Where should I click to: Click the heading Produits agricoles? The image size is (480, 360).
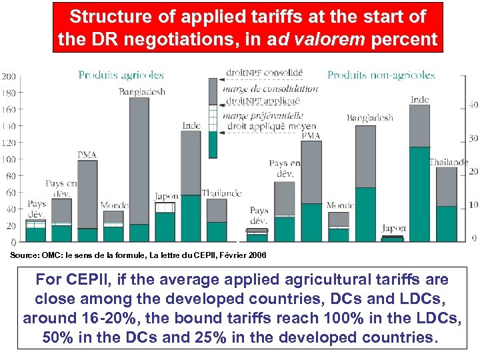click(121, 75)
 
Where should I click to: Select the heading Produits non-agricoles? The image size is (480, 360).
click(381, 75)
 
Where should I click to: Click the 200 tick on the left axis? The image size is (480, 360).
click(9, 76)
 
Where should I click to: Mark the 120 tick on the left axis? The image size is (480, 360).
click(9, 143)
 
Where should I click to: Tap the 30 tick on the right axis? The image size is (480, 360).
click(473, 138)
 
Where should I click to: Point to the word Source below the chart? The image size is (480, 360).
click(24, 255)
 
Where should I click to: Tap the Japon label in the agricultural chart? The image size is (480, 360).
click(166, 197)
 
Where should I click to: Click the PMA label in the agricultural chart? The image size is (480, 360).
click(87, 155)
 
